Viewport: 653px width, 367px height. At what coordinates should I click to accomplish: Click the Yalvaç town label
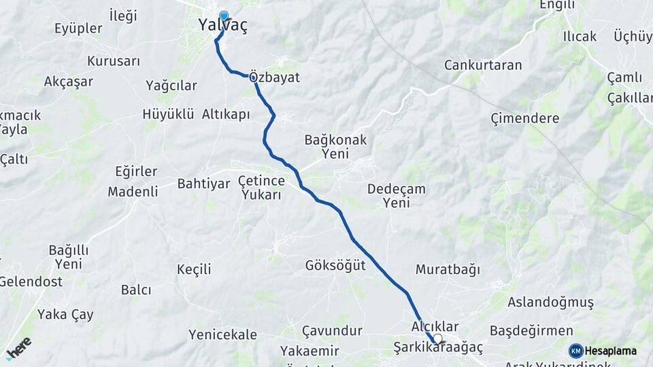tap(222, 26)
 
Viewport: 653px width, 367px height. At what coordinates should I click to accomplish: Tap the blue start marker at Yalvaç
tap(223, 16)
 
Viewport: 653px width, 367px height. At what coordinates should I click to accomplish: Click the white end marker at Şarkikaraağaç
tap(437, 338)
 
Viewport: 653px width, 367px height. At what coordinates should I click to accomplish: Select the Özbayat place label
tap(275, 77)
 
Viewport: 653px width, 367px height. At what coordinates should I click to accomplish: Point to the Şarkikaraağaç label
tap(438, 348)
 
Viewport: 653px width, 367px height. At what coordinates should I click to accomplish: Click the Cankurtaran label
tap(483, 65)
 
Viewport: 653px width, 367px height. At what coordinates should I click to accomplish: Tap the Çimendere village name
tap(525, 118)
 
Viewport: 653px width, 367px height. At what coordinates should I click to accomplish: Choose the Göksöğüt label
tap(335, 265)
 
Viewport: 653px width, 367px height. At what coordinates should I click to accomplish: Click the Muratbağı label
tap(448, 269)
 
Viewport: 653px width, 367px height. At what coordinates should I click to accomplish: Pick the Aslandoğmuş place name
tap(551, 302)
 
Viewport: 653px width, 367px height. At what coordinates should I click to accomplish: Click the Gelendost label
tap(31, 281)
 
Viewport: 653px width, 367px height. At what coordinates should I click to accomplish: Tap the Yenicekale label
tap(223, 334)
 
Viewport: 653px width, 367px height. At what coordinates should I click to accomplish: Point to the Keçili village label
tap(194, 269)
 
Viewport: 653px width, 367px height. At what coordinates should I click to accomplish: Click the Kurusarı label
tap(114, 61)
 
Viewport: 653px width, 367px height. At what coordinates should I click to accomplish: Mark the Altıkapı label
tap(226, 114)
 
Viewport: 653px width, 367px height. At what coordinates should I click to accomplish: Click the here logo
tap(18, 348)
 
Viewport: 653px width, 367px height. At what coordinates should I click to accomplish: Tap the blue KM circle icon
tap(576, 351)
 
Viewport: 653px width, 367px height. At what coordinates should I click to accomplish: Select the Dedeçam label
tap(397, 189)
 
